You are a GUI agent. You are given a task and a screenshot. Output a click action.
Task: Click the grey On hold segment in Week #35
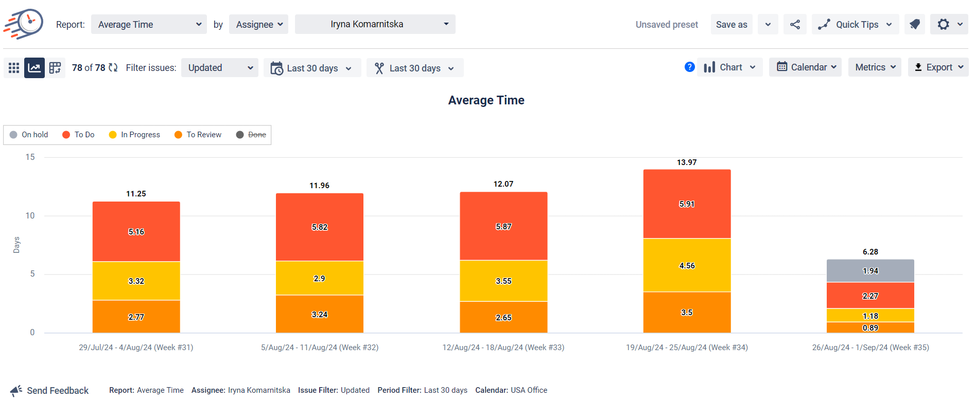point(870,271)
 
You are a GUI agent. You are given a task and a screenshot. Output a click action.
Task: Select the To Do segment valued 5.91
point(687,204)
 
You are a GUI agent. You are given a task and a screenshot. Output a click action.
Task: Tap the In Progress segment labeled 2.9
point(319,278)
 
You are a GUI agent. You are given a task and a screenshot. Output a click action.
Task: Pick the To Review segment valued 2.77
point(136,317)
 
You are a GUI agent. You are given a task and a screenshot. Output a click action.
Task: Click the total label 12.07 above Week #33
point(503,184)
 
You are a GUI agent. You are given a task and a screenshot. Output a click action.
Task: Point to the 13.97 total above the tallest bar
point(687,162)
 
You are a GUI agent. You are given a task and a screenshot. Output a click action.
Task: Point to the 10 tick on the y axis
point(30,216)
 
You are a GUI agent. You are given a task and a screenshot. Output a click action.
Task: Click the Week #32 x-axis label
point(319,348)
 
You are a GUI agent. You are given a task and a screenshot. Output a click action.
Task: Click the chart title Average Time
point(486,100)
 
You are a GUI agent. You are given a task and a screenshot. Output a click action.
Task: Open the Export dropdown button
point(938,67)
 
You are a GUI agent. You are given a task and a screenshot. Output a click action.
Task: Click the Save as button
point(731,25)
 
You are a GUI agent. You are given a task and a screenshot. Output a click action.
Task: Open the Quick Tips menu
point(856,25)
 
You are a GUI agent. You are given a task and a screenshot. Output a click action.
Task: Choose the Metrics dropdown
point(875,67)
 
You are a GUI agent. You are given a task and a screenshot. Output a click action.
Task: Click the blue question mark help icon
point(690,67)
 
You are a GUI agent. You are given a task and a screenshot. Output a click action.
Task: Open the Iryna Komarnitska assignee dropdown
point(375,24)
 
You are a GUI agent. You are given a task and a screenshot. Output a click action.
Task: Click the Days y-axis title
point(16,245)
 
